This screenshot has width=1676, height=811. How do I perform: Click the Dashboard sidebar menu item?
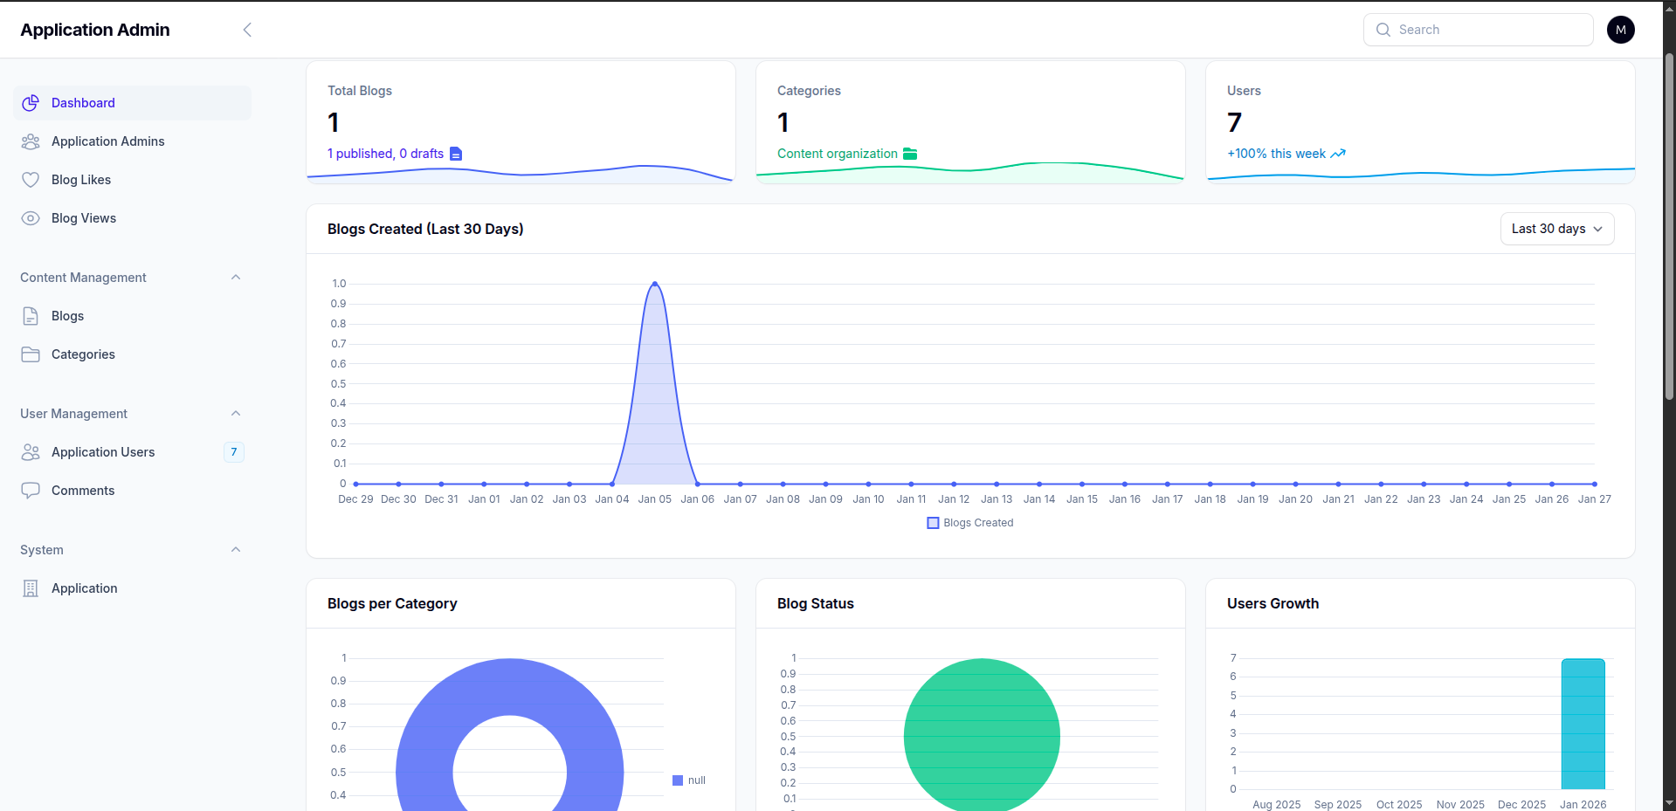pos(83,103)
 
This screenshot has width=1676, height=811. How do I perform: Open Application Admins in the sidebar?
pos(107,141)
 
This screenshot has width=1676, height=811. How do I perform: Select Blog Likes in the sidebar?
pos(80,180)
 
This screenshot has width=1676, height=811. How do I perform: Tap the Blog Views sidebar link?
pos(83,218)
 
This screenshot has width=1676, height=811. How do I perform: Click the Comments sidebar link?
pos(82,491)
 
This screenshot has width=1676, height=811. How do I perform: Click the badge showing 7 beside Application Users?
pos(233,452)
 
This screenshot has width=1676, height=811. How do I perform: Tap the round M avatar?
pos(1620,30)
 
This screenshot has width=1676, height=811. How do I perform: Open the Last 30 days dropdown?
pos(1556,229)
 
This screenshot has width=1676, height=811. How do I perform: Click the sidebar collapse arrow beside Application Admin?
pos(247,30)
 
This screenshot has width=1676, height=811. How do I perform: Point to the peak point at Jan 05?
pos(655,284)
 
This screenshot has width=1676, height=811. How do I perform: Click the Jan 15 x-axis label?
pos(1081,499)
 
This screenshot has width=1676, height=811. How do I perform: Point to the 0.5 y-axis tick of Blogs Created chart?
pos(338,384)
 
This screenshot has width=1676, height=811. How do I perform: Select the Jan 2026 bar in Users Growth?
pos(1583,724)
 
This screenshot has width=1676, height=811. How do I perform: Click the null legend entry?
pos(689,780)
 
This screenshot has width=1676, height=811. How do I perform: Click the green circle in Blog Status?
pos(982,737)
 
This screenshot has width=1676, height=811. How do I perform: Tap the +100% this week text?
pos(1276,154)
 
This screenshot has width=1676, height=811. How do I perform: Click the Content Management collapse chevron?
pos(236,278)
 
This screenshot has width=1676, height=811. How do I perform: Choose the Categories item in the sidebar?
pos(83,354)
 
